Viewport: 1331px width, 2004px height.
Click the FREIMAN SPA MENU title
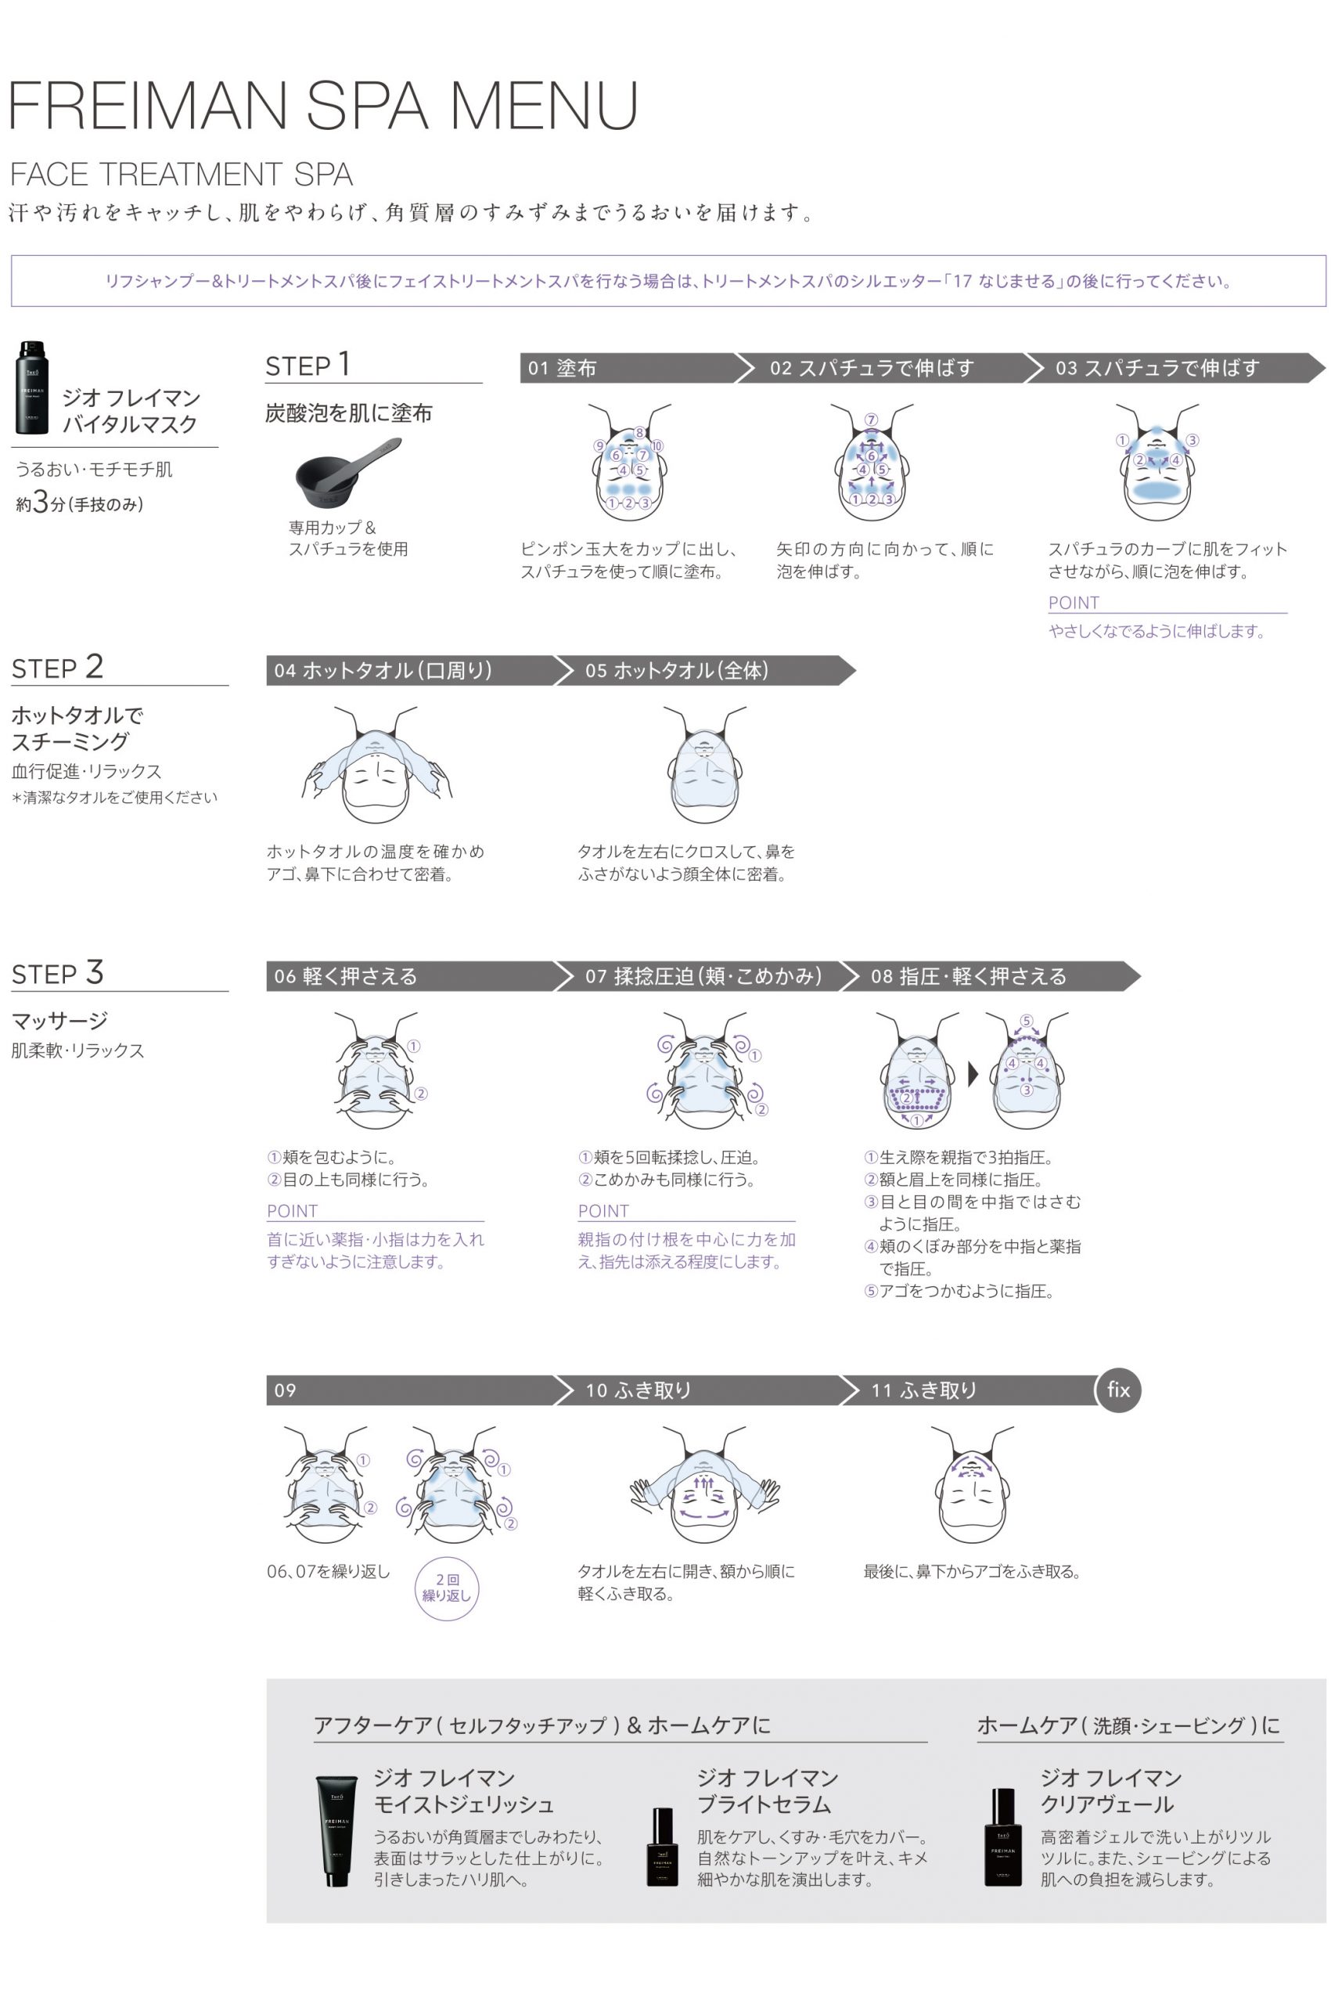[x=323, y=106]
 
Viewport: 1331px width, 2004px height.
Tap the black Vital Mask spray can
[x=32, y=387]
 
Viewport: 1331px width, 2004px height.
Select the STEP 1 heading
[x=308, y=365]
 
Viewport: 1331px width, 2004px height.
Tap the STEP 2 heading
[x=58, y=667]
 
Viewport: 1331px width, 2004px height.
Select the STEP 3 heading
[x=58, y=972]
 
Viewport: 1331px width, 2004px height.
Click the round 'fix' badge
[x=1118, y=1389]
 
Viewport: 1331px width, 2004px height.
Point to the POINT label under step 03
[x=1074, y=603]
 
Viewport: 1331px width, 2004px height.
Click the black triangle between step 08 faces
[x=973, y=1074]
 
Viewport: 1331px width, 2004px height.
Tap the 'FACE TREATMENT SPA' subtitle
[x=181, y=174]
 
